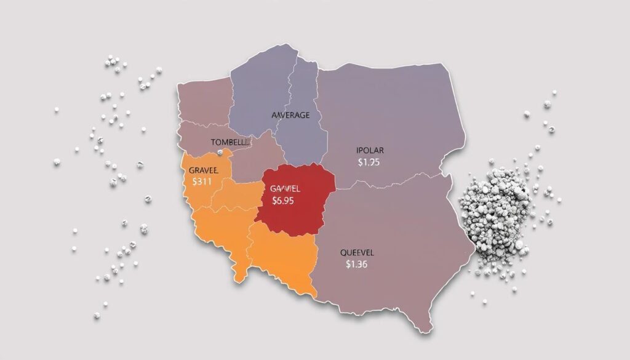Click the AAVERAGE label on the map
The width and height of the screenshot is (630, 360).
(x=290, y=115)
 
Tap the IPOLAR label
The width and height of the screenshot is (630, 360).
(x=369, y=150)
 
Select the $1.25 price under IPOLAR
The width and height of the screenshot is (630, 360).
(x=369, y=162)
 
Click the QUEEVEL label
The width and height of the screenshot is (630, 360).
(x=357, y=252)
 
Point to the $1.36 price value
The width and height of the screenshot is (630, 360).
(x=357, y=265)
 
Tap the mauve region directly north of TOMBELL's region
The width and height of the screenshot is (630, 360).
(x=203, y=102)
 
